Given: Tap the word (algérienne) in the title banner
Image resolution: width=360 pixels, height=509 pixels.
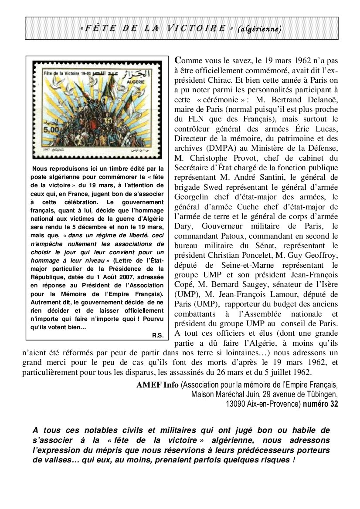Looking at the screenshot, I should (259, 29).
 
